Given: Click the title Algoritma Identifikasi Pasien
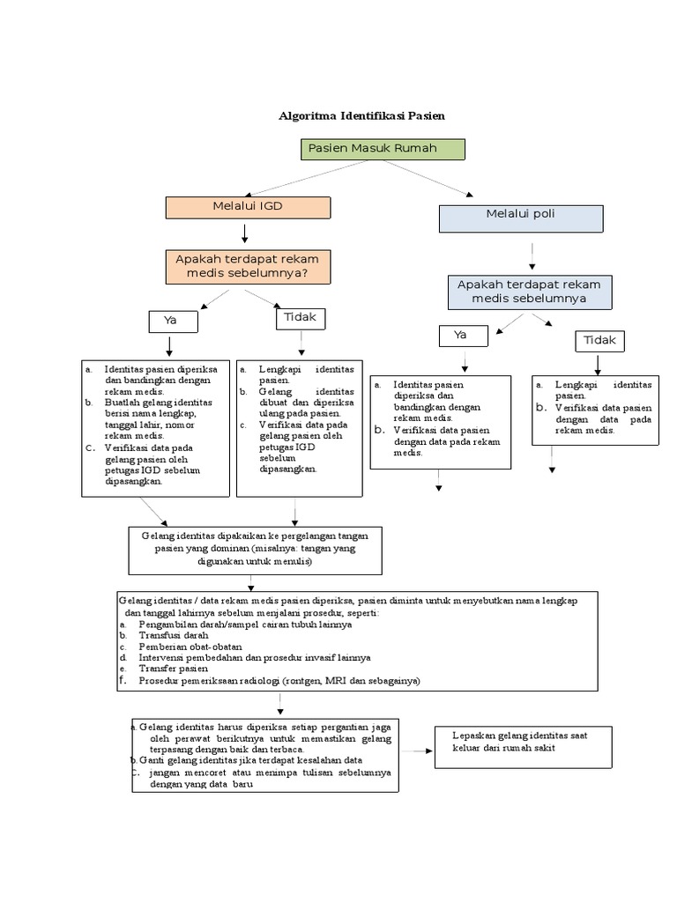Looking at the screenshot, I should pos(361,115).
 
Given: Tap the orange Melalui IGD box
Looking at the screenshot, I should pos(248,207).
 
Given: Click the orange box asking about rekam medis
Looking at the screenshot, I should pos(248,266).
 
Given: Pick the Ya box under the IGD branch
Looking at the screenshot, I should pos(173,322).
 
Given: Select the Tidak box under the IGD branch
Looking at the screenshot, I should pos(301,318).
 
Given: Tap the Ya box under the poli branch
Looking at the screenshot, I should pos(463,336).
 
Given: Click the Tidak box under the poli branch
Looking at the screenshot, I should pos(600,340).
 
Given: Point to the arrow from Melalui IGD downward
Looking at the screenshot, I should pos(246,233).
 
